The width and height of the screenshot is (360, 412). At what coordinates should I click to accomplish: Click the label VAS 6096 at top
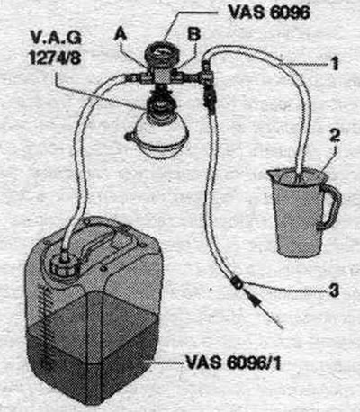point(269,13)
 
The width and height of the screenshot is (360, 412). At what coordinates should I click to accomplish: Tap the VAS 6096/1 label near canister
point(233,363)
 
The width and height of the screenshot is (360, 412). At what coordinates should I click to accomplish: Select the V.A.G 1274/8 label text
point(56,47)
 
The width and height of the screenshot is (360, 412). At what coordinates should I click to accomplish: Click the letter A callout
point(121,35)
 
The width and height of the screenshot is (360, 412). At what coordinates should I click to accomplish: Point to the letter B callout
point(193,34)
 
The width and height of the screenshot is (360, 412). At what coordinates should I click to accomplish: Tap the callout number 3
point(334,290)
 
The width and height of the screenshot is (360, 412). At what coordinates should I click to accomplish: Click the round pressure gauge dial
point(162,55)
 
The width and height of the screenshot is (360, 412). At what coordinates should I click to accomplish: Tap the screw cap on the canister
point(64,264)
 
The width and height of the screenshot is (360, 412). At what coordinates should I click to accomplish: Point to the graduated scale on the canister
point(46,327)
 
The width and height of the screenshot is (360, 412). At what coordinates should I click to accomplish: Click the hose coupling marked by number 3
point(237,282)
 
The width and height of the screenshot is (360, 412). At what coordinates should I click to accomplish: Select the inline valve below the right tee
point(209,97)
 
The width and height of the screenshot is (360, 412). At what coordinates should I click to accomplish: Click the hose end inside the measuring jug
point(298,175)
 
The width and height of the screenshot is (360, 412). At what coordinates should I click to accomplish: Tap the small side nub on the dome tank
point(129,137)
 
